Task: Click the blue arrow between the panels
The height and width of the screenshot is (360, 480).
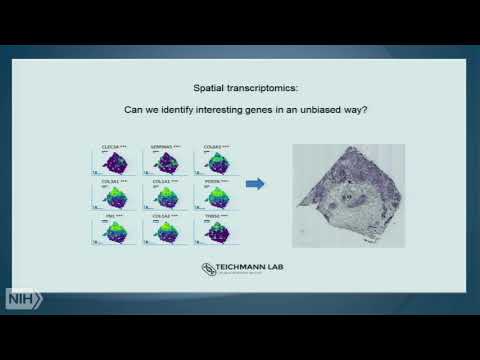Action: point(255,183)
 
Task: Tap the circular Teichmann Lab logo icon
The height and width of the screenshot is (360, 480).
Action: point(208,269)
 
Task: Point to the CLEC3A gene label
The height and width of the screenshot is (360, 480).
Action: point(112,147)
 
